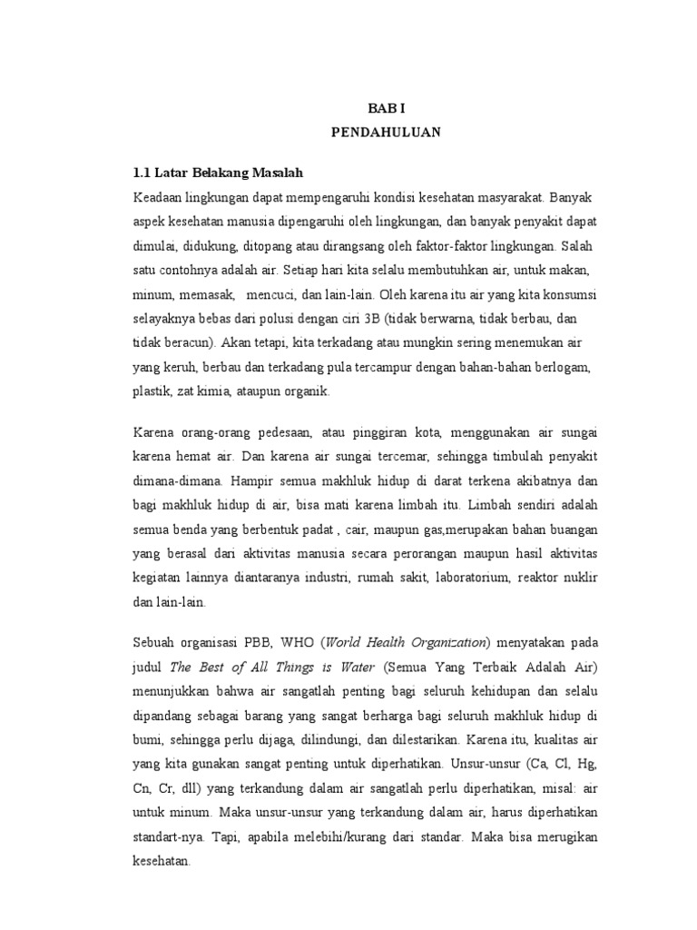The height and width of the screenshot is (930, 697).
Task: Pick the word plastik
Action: [x=152, y=392]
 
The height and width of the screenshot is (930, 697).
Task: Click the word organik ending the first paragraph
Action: [x=308, y=392]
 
